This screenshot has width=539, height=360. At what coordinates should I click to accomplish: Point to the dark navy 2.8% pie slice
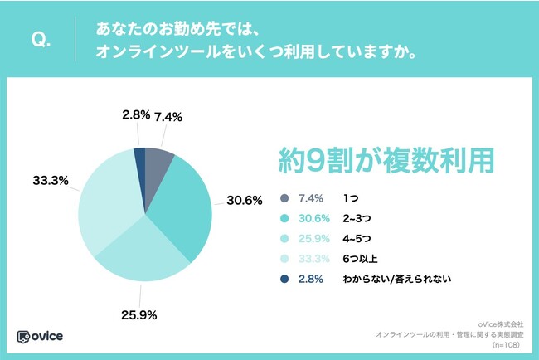(x=140, y=158)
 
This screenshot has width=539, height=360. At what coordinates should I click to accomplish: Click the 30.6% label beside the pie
(x=245, y=200)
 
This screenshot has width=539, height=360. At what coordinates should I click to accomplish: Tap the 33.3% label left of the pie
(x=50, y=180)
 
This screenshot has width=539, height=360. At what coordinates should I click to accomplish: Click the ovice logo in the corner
(x=41, y=337)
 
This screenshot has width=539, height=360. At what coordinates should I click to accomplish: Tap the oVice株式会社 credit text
(x=502, y=324)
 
